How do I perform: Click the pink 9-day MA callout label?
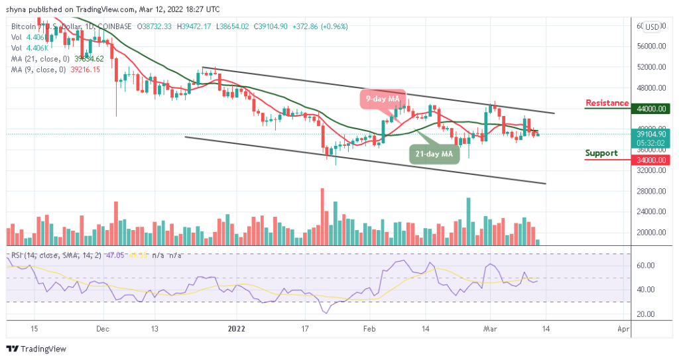(x=383, y=99)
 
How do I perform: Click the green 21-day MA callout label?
(x=434, y=154)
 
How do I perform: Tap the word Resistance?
(x=607, y=103)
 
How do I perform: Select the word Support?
(x=601, y=153)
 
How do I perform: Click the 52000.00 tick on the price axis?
(x=647, y=68)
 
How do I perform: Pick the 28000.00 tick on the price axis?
(x=647, y=191)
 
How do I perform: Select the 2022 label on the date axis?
(x=236, y=328)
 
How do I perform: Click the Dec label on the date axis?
(x=101, y=328)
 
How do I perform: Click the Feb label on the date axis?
(x=370, y=328)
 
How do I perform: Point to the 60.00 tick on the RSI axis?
(x=644, y=265)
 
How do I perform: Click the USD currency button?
(x=652, y=27)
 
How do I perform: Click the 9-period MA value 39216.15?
(x=86, y=70)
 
